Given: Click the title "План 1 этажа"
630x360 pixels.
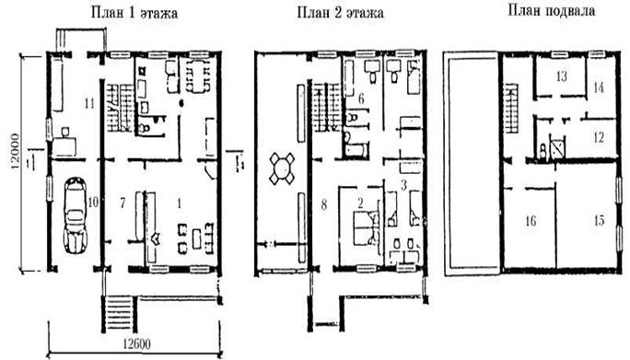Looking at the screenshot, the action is point(134,13).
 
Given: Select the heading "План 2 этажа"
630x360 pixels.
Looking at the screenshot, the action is point(340,12).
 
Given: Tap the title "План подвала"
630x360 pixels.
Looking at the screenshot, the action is point(551,10).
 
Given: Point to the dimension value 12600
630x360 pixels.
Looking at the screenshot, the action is point(136,344).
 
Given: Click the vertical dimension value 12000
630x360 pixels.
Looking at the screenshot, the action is point(16,152).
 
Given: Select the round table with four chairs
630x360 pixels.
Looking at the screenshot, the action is point(283,168).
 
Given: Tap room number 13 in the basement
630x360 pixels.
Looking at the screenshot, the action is point(561,75).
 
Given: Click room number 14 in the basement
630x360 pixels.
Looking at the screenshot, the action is point(599,87).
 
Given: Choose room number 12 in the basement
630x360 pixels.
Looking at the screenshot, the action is point(599,137).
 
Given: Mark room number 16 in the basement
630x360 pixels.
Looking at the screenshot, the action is point(531,221).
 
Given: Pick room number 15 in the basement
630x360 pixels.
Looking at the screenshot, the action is point(599,220).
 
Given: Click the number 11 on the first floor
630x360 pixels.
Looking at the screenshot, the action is point(89,104).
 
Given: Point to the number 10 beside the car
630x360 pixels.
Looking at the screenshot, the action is point(93,203).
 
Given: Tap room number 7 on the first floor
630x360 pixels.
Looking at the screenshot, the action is point(122,203).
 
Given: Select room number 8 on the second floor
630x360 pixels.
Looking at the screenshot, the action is point(324,205).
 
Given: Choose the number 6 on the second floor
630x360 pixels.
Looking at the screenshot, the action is point(361,99).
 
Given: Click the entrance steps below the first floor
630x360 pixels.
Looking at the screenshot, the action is point(118,313).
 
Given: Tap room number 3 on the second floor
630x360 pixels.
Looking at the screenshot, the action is point(404,185).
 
